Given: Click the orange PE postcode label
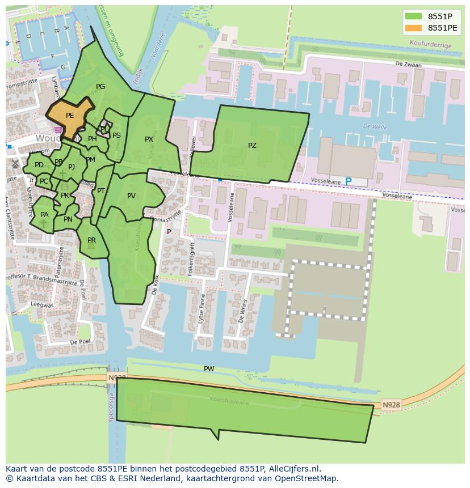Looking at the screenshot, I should (x=70, y=116).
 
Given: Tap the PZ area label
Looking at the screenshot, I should (x=252, y=146).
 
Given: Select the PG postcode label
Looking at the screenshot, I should (x=100, y=87).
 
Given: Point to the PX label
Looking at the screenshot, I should (x=149, y=139).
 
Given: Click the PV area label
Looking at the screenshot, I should (x=131, y=196).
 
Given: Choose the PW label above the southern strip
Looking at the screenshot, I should (x=209, y=369).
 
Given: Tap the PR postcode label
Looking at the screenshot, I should (x=91, y=240).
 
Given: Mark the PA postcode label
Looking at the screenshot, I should (x=44, y=215).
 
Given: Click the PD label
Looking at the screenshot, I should (x=39, y=165).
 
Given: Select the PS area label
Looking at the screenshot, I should (x=116, y=135).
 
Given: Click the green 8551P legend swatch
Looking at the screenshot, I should (x=414, y=16).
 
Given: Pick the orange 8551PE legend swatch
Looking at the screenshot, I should (x=414, y=28).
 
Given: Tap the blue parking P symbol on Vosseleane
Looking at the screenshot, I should (x=349, y=181).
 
